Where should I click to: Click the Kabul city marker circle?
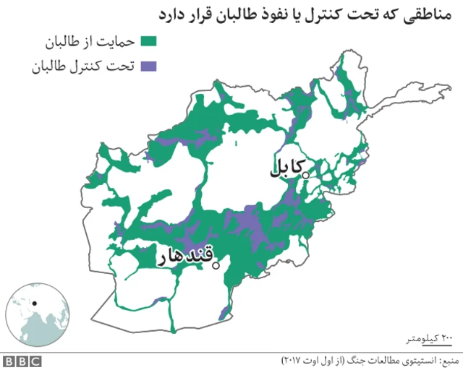point(305,174)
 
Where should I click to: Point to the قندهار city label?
point(187,257)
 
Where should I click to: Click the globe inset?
point(33,314)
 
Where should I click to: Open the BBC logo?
point(21,360)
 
